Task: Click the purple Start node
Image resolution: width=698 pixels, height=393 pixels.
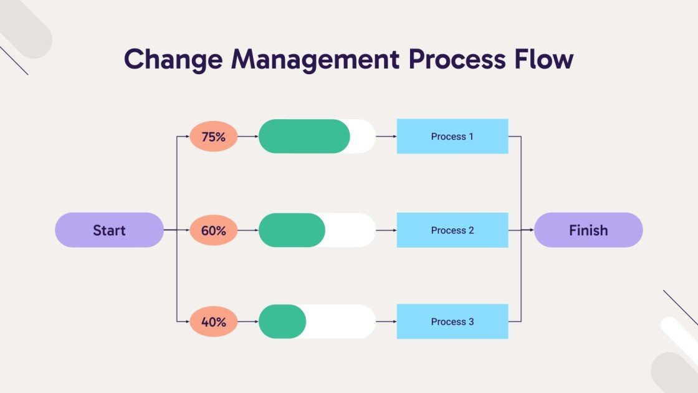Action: coord(109,230)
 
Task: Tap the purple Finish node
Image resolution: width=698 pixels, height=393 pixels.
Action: coord(588,230)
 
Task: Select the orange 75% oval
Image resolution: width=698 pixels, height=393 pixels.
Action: coord(213,137)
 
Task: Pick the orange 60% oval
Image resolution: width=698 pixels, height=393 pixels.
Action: coord(213,230)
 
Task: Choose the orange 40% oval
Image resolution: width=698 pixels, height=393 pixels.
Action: coord(213,322)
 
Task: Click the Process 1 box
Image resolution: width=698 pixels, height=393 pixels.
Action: coord(452,137)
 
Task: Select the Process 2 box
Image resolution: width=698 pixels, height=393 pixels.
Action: coord(452,230)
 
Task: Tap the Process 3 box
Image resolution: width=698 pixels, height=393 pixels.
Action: coord(452,322)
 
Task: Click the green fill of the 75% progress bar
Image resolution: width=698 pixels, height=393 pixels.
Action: coord(304,137)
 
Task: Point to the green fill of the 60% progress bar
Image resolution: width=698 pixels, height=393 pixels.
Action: coord(291,230)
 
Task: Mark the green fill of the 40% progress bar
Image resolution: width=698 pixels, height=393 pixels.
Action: coord(282,322)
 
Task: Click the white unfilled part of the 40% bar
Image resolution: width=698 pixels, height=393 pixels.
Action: coord(342,322)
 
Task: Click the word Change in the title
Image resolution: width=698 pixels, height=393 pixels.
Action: coord(173,59)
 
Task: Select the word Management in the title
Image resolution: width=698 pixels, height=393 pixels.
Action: coord(315,59)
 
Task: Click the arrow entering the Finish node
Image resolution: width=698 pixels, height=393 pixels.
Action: coord(527,230)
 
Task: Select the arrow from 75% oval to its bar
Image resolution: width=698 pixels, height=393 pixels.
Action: coord(248,137)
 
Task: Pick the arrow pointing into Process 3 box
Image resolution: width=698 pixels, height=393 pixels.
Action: coord(386,322)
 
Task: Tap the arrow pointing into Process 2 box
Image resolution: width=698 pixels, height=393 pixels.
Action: coord(386,230)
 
